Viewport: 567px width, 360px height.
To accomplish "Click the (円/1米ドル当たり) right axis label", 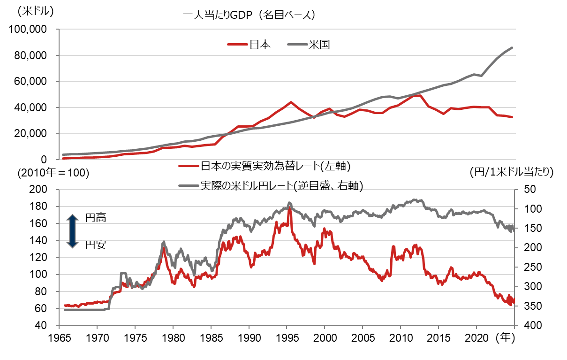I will [511, 172].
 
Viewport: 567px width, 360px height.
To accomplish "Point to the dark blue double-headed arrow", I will [72, 231].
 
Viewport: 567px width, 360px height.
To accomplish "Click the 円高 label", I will [96, 218].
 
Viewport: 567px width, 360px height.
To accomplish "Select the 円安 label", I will [96, 244].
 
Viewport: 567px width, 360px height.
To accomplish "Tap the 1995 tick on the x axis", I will [287, 337].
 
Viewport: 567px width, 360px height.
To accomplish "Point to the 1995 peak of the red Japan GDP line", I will [291, 102].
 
